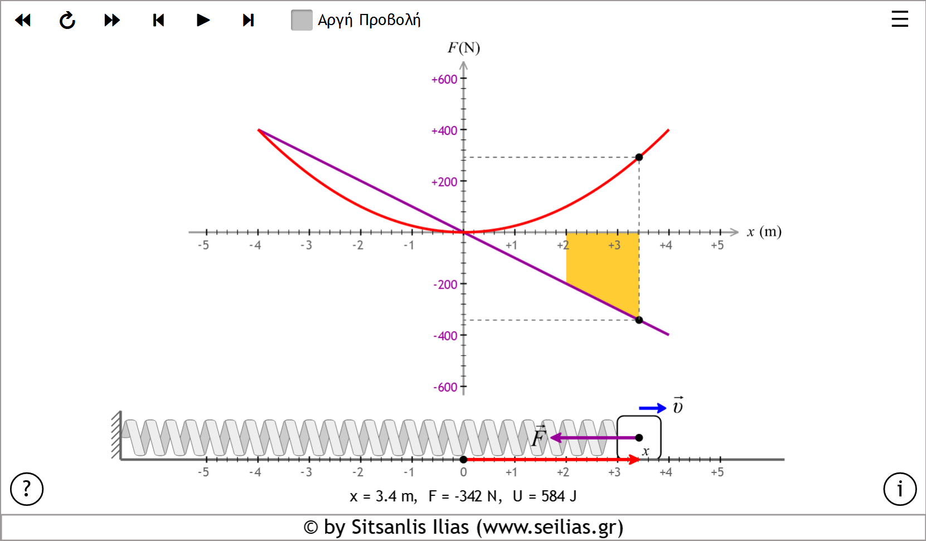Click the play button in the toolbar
(203, 21)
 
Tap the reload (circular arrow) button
(67, 21)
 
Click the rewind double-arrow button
(23, 21)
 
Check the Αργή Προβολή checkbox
(302, 20)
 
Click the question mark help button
(27, 489)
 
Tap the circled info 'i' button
(899, 489)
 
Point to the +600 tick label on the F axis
(444, 80)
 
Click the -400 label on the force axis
(445, 336)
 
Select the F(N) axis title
(463, 48)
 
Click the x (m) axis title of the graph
(764, 232)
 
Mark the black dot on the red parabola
(639, 157)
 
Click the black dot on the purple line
(639, 320)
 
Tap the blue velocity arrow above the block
(652, 408)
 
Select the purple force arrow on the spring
(591, 438)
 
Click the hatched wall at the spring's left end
(116, 435)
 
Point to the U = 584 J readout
(545, 496)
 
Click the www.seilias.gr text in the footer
(549, 527)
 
